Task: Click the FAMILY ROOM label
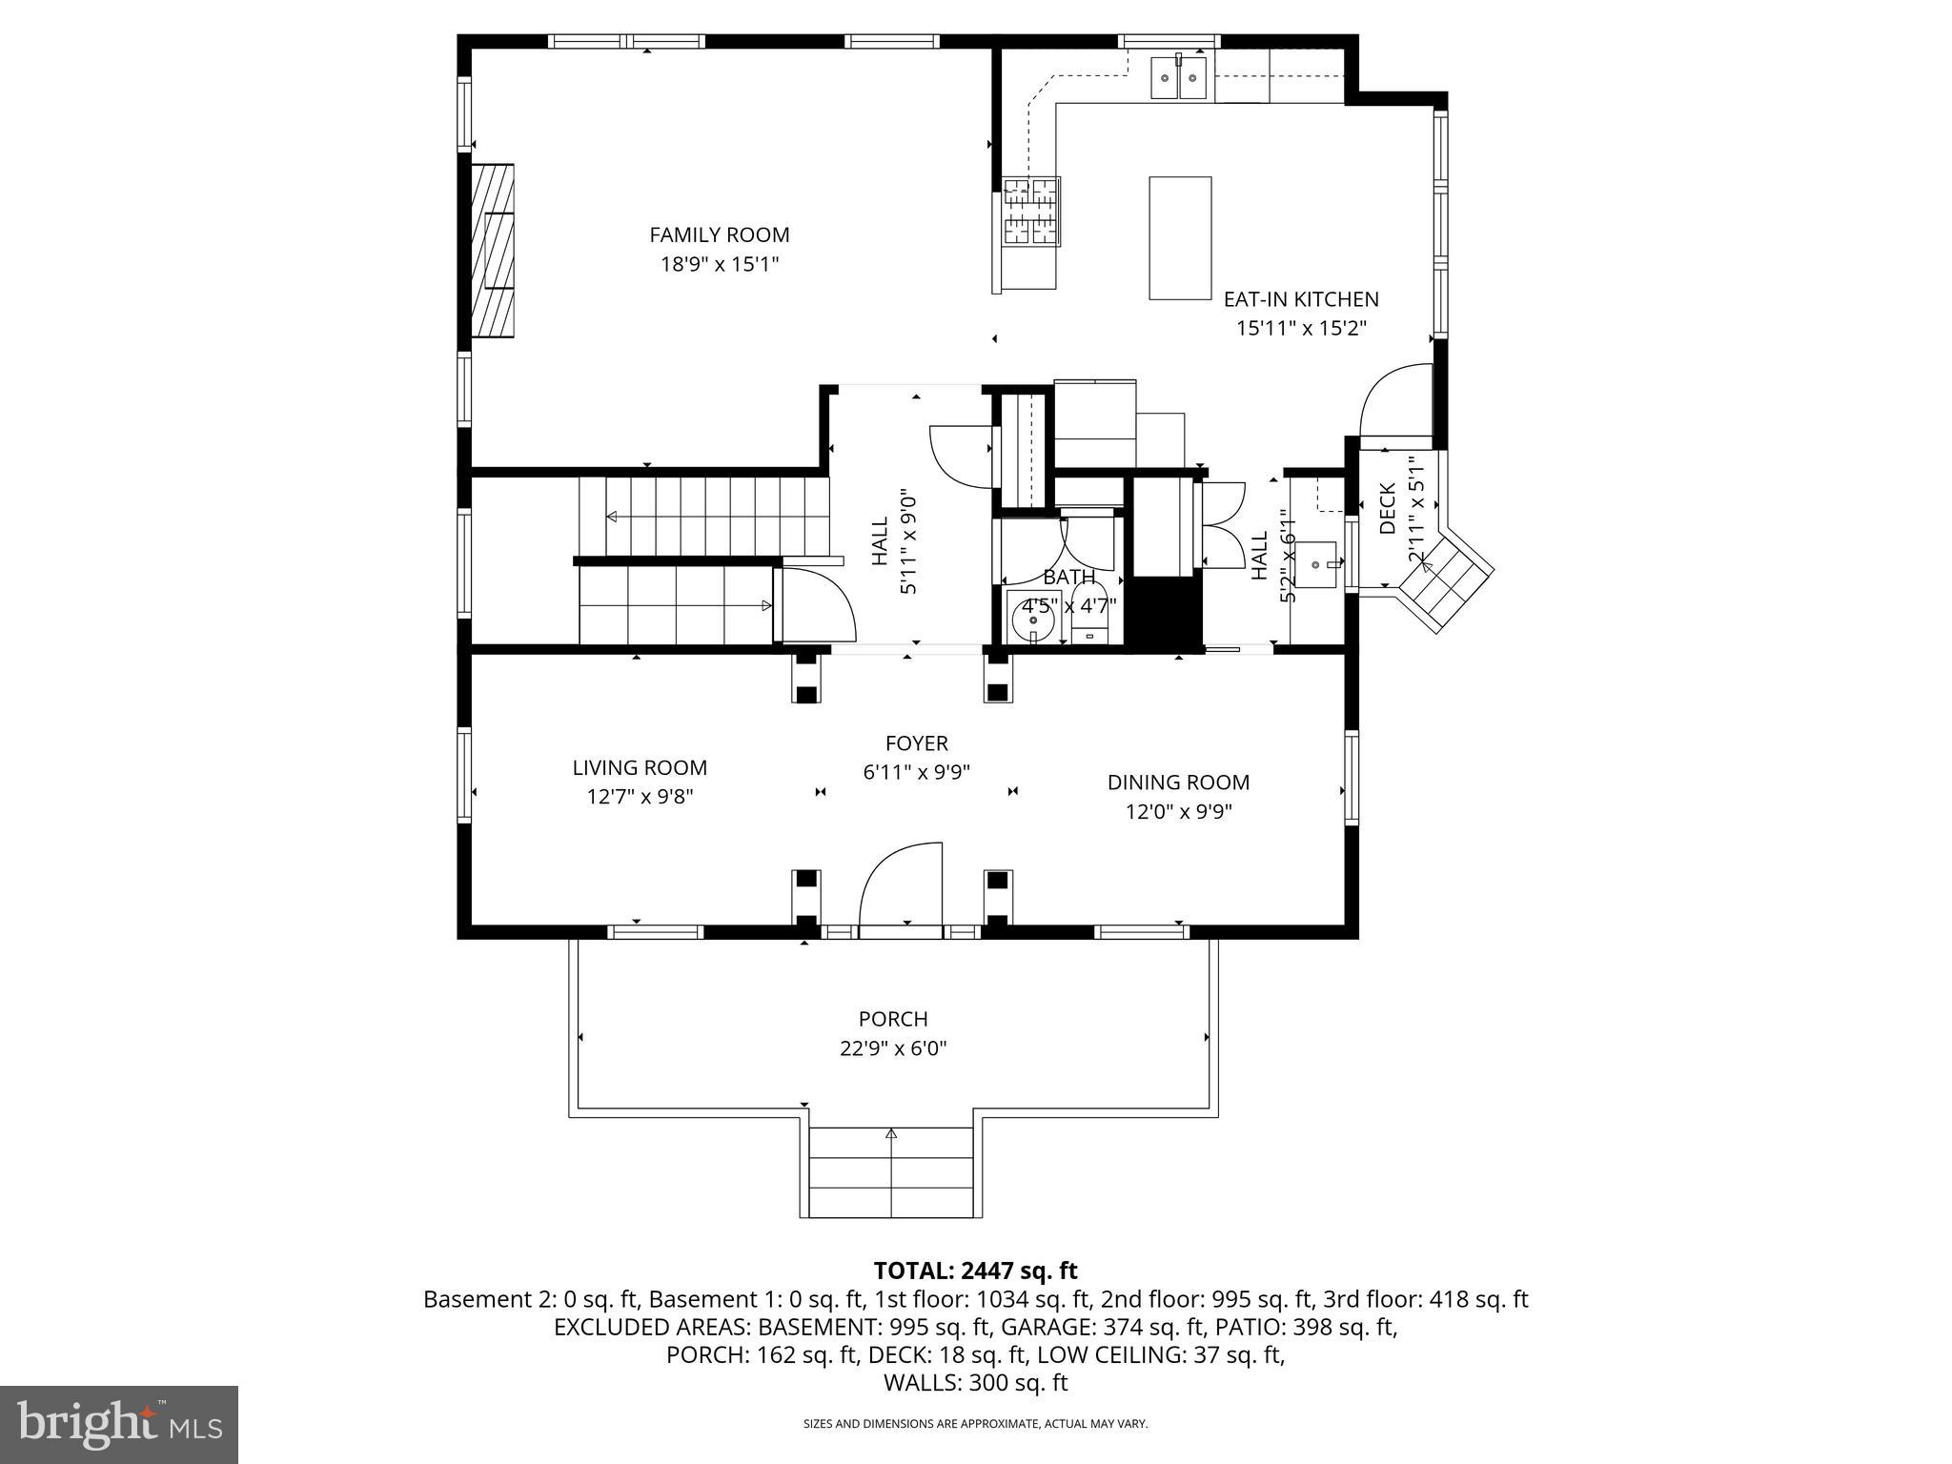coord(720,234)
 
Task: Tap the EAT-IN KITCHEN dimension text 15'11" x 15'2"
coord(1301,329)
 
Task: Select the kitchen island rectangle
coord(1180,238)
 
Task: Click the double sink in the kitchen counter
coord(1179,77)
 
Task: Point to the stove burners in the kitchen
coord(1031,213)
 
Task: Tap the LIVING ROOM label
coord(640,767)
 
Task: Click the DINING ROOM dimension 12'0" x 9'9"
coord(1178,812)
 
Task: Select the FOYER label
coord(916,743)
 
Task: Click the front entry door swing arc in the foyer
coord(901,882)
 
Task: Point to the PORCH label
coord(893,1019)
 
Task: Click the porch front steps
coord(891,1172)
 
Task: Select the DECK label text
coord(1388,508)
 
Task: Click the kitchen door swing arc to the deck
coord(1393,400)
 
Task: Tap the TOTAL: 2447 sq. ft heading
coord(975,1271)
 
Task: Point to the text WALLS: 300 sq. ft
coord(975,1383)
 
